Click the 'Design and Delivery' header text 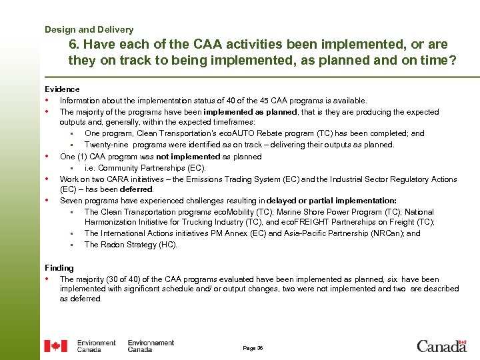click(x=89, y=29)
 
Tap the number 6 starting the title click(x=73, y=45)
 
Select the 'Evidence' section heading click(x=62, y=89)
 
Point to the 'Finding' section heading click(x=59, y=268)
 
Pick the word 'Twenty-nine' click(x=105, y=145)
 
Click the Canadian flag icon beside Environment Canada click(x=55, y=346)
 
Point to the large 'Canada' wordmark click(x=441, y=346)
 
